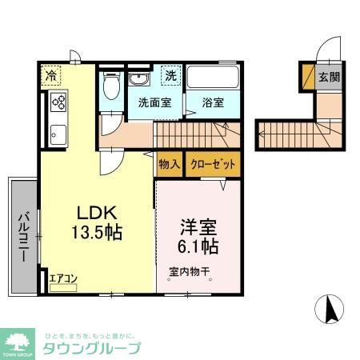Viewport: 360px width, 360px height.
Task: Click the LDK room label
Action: click(97, 212)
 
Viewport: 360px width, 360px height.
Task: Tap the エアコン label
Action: click(62, 278)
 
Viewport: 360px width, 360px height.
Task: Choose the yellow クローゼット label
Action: click(213, 165)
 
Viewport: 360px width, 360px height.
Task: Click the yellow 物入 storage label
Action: click(169, 165)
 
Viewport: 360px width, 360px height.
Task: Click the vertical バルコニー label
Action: click(24, 236)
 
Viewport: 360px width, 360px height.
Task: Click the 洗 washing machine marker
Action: click(170, 76)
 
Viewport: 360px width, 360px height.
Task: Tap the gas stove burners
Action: click(59, 102)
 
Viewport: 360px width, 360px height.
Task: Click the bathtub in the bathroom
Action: click(212, 79)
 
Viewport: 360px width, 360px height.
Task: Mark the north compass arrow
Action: click(328, 310)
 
